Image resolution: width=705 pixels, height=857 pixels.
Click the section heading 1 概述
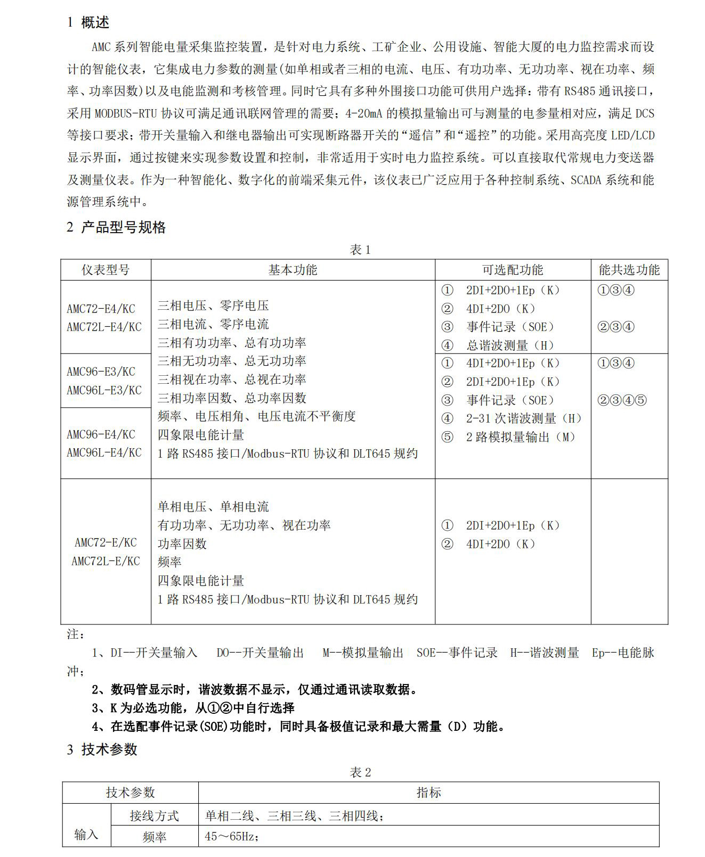click(88, 22)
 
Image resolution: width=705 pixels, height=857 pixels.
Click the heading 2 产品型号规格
click(116, 227)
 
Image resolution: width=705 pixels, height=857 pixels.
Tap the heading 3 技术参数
click(102, 749)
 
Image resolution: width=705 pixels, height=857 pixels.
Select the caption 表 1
click(360, 250)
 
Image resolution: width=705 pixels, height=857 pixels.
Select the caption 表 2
click(360, 772)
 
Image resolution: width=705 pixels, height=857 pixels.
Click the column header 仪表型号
click(106, 270)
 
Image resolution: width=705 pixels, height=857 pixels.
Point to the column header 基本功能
click(293, 270)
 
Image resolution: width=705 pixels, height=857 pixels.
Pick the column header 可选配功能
click(513, 270)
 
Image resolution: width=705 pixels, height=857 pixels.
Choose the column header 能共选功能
click(629, 270)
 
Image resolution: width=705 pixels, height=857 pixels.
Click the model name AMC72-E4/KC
click(101, 309)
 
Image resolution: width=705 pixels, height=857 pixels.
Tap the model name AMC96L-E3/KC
click(104, 390)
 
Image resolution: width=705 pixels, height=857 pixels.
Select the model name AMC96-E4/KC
click(101, 434)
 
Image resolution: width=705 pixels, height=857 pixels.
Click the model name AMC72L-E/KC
click(106, 561)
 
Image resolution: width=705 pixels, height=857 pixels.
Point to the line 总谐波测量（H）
click(511, 345)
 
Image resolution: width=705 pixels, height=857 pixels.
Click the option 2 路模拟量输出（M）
click(521, 437)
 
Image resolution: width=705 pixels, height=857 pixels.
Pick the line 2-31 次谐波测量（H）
click(524, 418)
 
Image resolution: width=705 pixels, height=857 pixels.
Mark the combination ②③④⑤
click(622, 400)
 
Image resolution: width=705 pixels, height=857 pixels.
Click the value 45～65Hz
click(232, 837)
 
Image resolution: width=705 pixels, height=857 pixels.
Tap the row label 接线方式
click(154, 816)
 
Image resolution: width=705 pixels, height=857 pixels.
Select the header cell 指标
click(428, 793)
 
